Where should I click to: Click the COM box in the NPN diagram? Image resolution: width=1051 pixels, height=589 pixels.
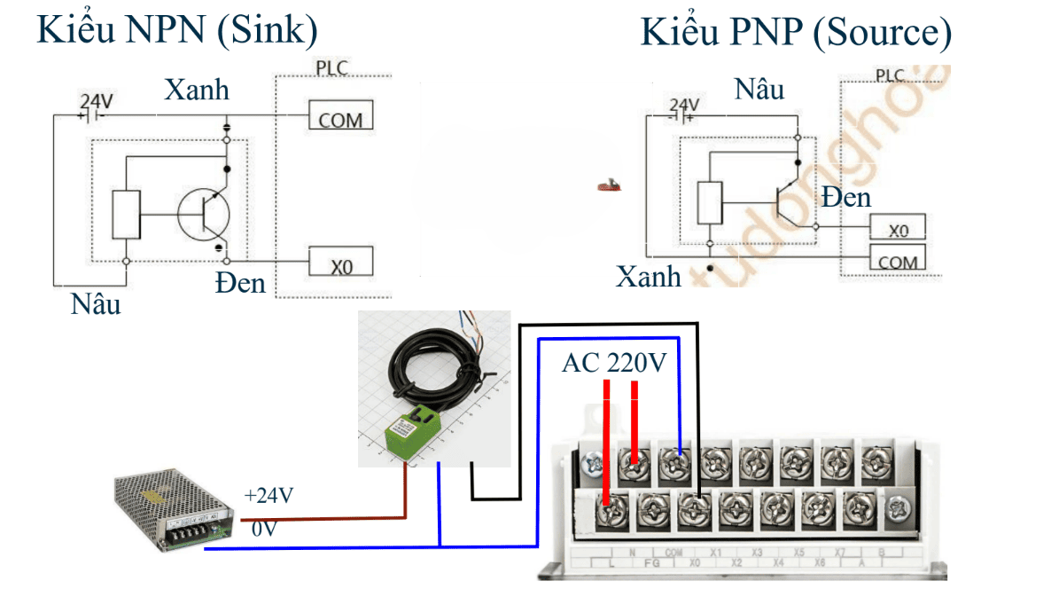click(x=340, y=116)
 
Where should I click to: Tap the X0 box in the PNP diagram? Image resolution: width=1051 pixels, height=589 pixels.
click(x=898, y=228)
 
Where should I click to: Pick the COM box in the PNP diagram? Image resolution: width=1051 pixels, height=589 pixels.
click(x=898, y=259)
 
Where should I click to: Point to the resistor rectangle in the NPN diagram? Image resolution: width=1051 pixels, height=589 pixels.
click(x=126, y=215)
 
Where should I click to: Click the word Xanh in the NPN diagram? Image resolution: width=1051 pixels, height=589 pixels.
click(x=197, y=90)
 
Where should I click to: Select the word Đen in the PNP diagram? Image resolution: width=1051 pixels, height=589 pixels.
click(x=845, y=197)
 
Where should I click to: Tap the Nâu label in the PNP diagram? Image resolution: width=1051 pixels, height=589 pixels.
click(x=759, y=89)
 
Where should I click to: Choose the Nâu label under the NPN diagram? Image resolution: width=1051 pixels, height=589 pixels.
click(x=96, y=304)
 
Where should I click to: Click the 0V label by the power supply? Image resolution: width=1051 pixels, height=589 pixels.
click(x=263, y=530)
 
